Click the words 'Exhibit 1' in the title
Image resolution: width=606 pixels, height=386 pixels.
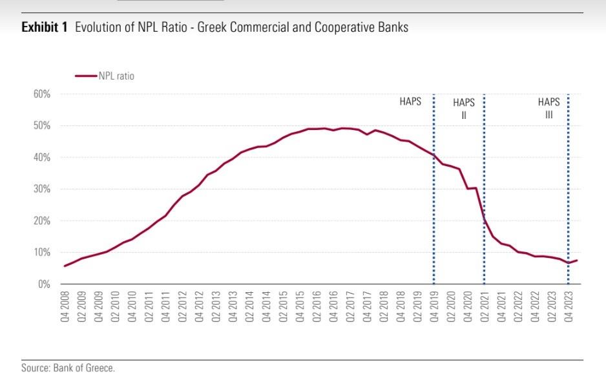click(x=45, y=28)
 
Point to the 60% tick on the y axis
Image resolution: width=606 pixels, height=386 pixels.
click(x=42, y=94)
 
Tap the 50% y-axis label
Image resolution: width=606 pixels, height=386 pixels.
click(x=42, y=125)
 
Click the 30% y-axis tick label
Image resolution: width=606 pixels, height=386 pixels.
click(x=42, y=189)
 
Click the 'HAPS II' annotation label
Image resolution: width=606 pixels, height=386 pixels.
click(x=464, y=109)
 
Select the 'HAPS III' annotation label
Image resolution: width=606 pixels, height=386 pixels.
click(x=549, y=109)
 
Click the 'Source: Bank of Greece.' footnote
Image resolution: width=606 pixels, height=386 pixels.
click(x=67, y=369)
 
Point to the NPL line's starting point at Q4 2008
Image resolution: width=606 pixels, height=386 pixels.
click(x=65, y=266)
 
